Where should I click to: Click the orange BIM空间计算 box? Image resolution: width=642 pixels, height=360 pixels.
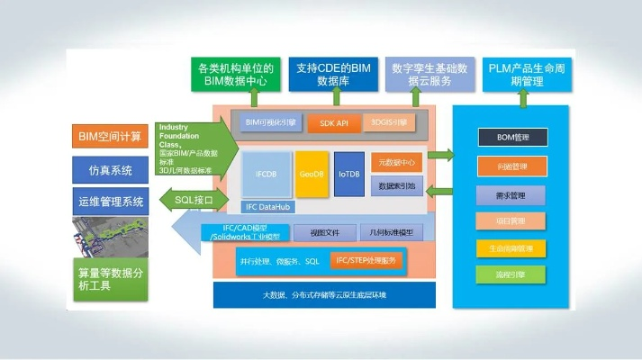(x=111, y=137)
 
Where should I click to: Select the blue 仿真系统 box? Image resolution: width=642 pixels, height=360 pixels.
(x=111, y=169)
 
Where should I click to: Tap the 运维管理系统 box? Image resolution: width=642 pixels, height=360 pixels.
(x=111, y=202)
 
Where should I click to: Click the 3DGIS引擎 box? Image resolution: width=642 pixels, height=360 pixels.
(x=390, y=122)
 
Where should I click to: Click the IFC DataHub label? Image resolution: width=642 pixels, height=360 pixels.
(x=268, y=207)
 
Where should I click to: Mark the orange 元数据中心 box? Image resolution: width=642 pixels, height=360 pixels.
(x=396, y=162)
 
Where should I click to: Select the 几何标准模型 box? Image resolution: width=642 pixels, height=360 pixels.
(x=390, y=232)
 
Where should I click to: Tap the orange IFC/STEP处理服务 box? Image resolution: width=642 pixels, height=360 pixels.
(x=367, y=260)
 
